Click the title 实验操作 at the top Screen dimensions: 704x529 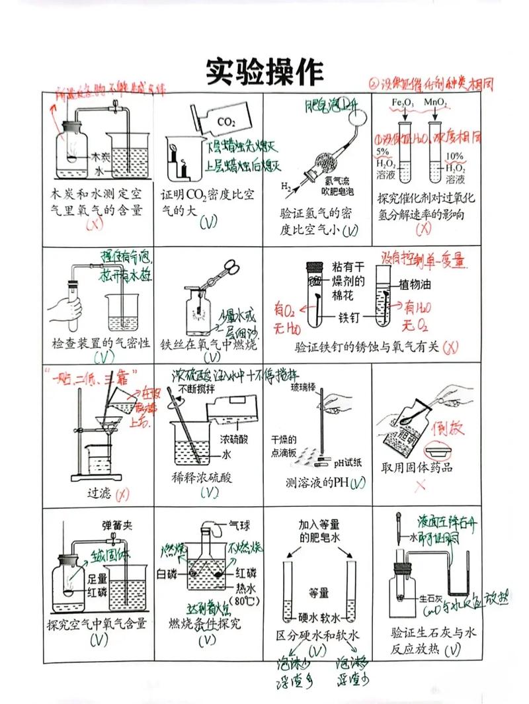point(264,70)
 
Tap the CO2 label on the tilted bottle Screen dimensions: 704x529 point(227,122)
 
